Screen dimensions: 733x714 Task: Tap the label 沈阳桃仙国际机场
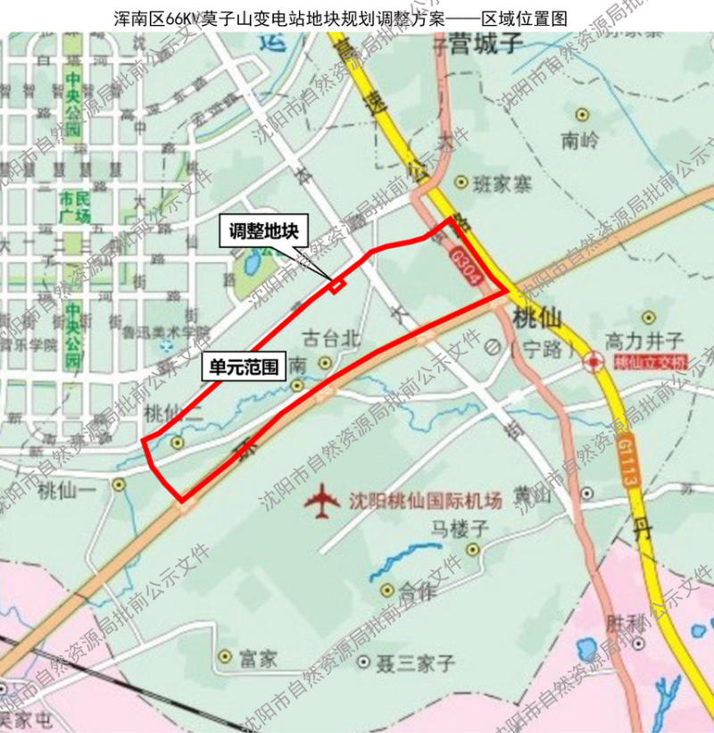pyautogui.click(x=425, y=501)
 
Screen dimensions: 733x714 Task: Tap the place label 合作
pyautogui.click(x=416, y=590)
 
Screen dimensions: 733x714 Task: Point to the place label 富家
pyautogui.click(x=259, y=660)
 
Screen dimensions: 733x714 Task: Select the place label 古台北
pyautogui.click(x=332, y=339)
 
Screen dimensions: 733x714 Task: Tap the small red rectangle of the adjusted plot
pyautogui.click(x=336, y=286)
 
